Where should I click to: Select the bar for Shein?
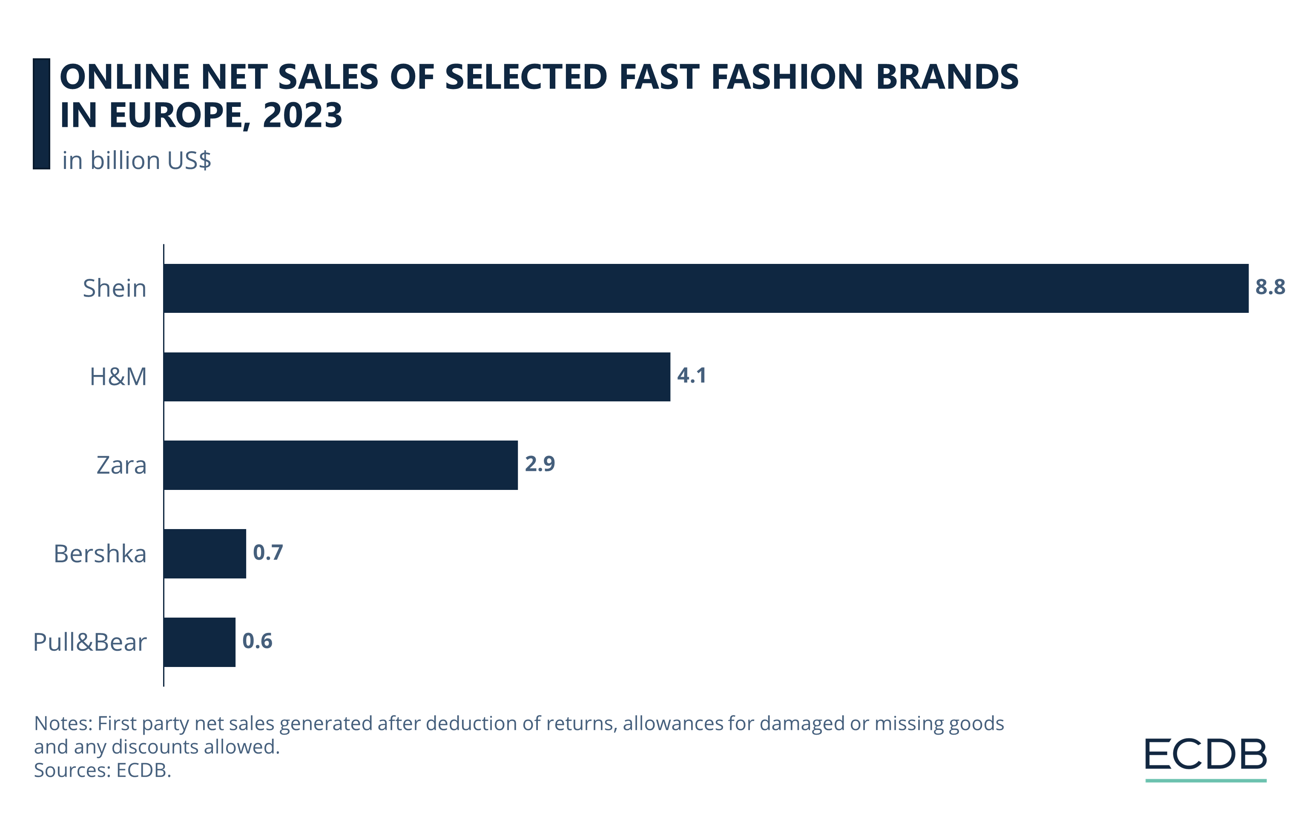coord(706,288)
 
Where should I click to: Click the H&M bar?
coord(416,377)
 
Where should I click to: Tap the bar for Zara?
coord(340,465)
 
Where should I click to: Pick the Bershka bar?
coord(205,553)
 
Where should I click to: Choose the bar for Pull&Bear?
coord(199,642)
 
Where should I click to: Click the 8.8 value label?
coord(1270,287)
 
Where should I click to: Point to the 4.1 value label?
coord(692,375)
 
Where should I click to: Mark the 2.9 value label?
coord(540,464)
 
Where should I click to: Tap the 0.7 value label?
coord(267,552)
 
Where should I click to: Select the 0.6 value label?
coord(257,641)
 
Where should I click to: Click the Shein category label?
coord(115,288)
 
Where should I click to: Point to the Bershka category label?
coord(100,554)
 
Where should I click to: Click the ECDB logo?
coord(1205,758)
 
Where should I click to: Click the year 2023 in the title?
coord(302,115)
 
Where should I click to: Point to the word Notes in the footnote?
coord(63,724)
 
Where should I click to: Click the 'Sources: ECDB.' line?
coord(102,770)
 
